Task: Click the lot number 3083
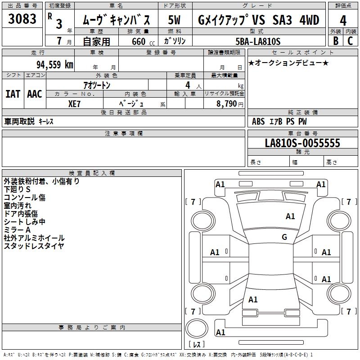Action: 22,19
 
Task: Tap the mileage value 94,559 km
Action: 55,65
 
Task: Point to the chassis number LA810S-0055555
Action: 302,143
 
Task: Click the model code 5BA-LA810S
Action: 258,41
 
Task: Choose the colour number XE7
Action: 74,104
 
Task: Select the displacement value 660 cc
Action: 143,42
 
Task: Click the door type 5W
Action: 174,20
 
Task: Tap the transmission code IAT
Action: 13,94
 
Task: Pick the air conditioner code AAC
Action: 35,94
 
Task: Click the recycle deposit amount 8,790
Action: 226,103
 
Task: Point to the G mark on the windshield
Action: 284,237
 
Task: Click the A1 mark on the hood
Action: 290,216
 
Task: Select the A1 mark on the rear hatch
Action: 253,299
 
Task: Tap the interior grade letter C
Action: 351,41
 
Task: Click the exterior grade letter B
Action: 336,41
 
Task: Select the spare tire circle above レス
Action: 197,328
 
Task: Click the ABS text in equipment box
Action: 258,121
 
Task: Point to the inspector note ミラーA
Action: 17,230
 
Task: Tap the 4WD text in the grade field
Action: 309,20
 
